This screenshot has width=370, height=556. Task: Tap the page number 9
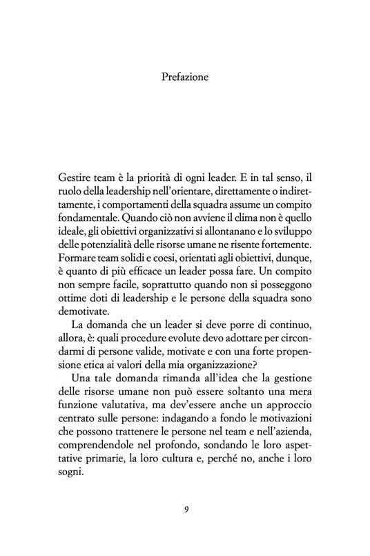[x=185, y=510]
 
